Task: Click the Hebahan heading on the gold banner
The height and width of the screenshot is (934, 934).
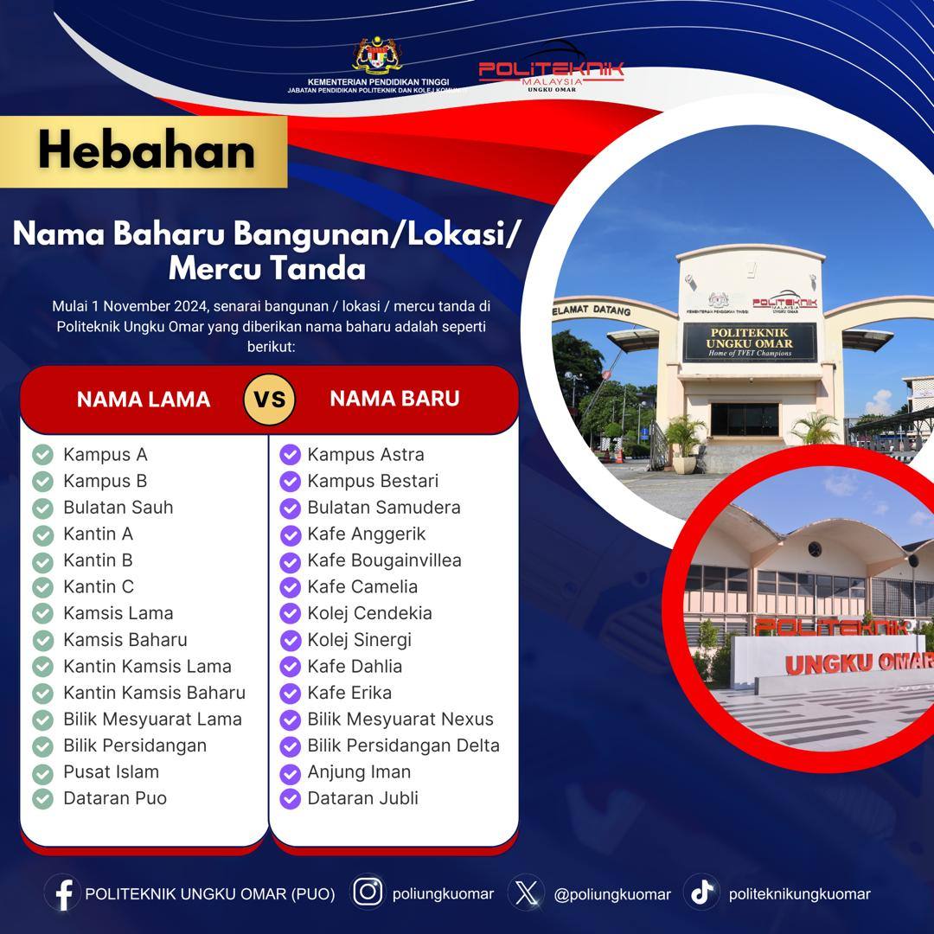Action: [146, 150]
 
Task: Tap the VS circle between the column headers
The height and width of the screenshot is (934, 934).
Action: [269, 399]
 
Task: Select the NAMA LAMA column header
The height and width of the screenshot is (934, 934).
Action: [144, 399]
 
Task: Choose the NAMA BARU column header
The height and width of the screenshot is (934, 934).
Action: [395, 399]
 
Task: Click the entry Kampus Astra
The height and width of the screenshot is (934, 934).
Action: [366, 455]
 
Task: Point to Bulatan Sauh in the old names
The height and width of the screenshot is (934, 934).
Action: [118, 508]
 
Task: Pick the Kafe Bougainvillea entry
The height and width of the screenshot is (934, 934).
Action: [384, 560]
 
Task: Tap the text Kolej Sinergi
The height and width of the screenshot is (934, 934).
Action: [359, 640]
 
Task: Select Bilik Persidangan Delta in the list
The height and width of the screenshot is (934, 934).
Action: [403, 745]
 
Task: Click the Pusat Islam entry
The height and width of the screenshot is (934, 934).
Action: [112, 772]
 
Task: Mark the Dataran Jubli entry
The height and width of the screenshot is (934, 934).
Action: [362, 798]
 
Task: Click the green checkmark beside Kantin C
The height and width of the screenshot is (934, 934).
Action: [43, 587]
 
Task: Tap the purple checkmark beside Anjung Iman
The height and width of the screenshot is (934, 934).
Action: [290, 773]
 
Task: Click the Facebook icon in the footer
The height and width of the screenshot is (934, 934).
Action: [63, 894]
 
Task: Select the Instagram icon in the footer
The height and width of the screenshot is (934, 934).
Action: [368, 892]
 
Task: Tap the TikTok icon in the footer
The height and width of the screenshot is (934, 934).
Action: [701, 892]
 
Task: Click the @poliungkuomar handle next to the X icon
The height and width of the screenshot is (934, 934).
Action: [612, 895]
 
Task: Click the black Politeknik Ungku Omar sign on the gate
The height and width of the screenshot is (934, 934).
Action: [749, 342]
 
